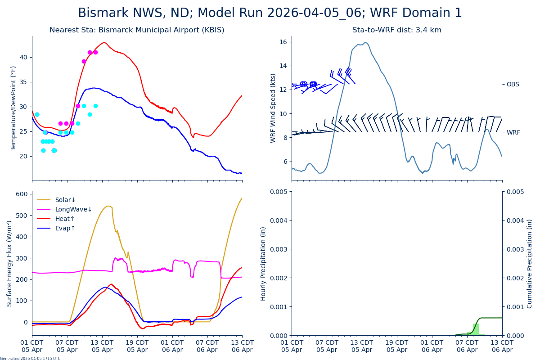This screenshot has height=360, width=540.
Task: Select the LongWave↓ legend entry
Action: click(73, 210)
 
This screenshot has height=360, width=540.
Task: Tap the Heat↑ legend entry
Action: click(65, 219)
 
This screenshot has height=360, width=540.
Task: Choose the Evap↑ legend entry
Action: click(65, 229)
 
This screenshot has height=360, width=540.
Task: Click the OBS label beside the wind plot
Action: click(513, 85)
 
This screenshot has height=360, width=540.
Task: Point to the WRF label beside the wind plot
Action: click(513, 133)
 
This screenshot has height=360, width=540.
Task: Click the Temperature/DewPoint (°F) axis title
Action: click(13, 108)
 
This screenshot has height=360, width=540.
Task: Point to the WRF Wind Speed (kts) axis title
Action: click(273, 108)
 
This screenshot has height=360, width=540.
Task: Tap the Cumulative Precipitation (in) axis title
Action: click(530, 264)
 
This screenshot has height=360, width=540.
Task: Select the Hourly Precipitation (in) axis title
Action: click(263, 264)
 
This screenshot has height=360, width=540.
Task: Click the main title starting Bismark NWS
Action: click(270, 13)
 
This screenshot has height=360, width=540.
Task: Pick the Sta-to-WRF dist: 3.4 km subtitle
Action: click(397, 30)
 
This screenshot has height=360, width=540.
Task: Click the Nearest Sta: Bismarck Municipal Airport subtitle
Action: click(137, 30)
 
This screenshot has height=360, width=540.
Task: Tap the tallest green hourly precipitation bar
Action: click(476, 329)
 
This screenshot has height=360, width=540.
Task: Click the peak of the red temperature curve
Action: click(104, 43)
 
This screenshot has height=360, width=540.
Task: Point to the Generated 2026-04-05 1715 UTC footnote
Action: click(30, 359)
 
